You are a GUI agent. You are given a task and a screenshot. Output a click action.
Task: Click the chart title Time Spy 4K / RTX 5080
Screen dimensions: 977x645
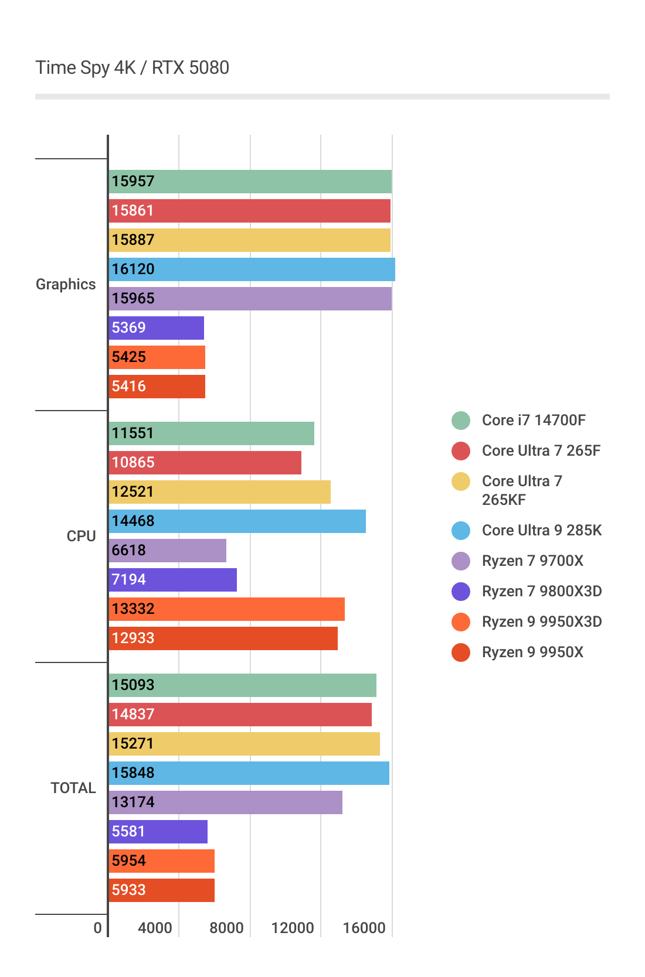coord(132,68)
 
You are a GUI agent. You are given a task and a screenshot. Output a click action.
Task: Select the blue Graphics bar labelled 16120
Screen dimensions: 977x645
coord(252,269)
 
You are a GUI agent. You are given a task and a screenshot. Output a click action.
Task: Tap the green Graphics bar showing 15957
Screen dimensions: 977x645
coord(250,182)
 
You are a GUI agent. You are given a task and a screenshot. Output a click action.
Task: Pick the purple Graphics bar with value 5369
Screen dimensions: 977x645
coord(157,328)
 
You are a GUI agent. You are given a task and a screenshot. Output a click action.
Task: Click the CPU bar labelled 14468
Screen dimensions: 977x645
coord(237,521)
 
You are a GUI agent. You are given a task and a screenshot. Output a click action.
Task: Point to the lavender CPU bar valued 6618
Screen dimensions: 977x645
coord(168,551)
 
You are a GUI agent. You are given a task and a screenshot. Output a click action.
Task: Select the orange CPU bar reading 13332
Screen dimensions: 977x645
coord(227,609)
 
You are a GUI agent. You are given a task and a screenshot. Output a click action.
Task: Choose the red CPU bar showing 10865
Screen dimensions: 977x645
coord(205,463)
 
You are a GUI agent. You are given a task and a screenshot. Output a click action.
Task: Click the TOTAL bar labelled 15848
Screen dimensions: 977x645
coord(249,773)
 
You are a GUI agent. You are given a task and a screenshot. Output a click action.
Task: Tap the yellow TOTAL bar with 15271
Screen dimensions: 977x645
coord(245,744)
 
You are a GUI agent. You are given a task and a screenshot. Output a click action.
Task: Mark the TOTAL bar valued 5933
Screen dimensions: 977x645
coord(162,890)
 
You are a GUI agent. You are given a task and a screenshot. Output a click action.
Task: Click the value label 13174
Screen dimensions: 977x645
coord(133,802)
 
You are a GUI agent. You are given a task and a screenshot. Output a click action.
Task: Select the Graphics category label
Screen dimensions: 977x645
coord(66,284)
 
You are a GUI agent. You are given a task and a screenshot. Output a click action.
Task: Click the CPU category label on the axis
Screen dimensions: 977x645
coord(81,536)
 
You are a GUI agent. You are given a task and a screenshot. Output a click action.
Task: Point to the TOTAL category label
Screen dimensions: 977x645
coord(73,788)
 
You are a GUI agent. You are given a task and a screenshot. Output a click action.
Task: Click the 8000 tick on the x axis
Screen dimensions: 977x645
coord(226,928)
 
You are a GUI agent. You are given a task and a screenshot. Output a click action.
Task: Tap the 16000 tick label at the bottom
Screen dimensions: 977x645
coord(364,928)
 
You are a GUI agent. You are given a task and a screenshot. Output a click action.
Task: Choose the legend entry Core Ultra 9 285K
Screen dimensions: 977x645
coord(542,530)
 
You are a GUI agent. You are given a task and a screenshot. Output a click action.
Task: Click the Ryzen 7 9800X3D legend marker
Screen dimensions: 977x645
coord(461,592)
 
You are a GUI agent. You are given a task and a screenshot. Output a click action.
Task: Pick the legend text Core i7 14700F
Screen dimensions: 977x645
coord(534,420)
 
